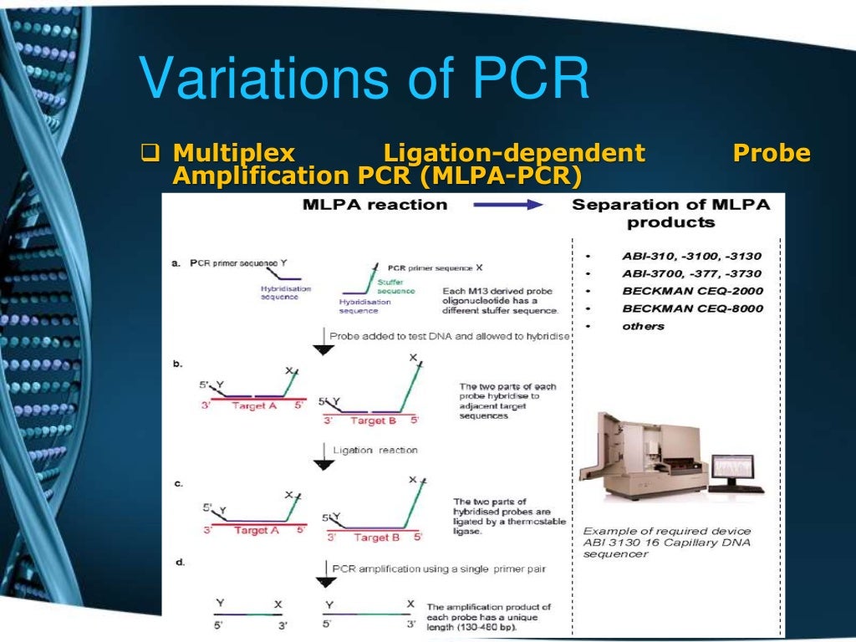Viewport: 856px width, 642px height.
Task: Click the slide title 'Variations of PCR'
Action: click(x=364, y=79)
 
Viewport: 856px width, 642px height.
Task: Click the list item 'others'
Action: click(x=643, y=326)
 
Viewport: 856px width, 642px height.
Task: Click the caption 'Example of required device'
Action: click(x=666, y=531)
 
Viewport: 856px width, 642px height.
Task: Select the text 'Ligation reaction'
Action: click(x=374, y=450)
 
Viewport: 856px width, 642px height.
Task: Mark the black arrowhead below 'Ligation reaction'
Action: click(x=323, y=466)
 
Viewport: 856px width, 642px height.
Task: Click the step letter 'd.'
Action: click(x=180, y=563)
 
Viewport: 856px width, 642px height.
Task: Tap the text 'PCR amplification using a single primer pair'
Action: click(x=439, y=568)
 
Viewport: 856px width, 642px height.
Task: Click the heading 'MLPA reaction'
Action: click(x=374, y=205)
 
